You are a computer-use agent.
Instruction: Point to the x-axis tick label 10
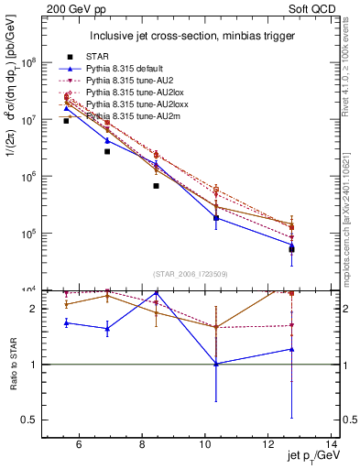tap(203, 445)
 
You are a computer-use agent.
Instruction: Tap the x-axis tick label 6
tap(80, 445)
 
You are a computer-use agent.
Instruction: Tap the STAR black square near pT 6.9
tap(107, 151)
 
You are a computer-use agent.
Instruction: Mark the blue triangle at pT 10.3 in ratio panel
tap(216, 364)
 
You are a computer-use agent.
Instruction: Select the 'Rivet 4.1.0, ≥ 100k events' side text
tap(350, 69)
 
